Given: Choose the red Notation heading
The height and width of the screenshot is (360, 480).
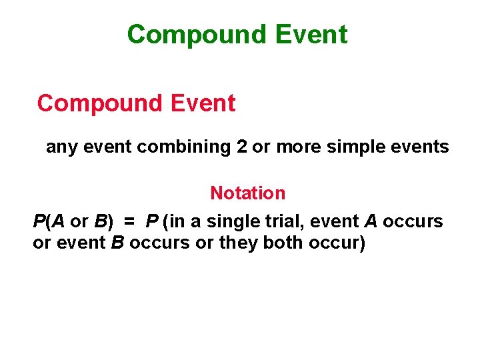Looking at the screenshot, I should pos(247,193).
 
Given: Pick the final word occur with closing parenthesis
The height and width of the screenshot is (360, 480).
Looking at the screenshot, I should pos(337,243).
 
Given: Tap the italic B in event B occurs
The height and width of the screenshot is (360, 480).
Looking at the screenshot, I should pos(117,243).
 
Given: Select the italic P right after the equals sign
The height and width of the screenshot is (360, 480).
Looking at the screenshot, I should pos(153,221).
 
